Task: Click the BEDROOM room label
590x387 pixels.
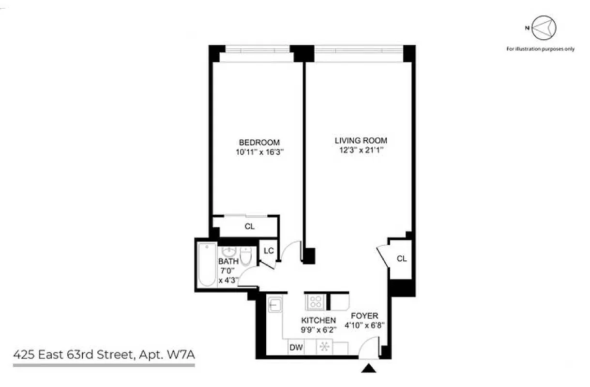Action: [259, 142]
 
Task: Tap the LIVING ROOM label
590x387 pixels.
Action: [361, 141]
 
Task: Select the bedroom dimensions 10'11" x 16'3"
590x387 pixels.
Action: [259, 151]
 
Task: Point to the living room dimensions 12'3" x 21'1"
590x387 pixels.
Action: [361, 150]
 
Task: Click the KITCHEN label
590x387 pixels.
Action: [318, 320]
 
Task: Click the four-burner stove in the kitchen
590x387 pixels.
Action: [316, 302]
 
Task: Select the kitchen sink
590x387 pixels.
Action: [274, 305]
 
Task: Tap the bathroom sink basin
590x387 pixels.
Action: [228, 253]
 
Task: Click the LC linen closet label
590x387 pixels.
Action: [268, 251]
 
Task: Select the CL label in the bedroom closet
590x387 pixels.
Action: [249, 226]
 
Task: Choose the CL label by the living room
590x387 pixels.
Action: [401, 259]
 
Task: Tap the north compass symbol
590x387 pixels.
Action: [544, 28]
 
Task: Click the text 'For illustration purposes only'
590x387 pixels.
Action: [540, 49]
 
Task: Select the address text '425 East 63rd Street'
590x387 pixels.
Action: [73, 356]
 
